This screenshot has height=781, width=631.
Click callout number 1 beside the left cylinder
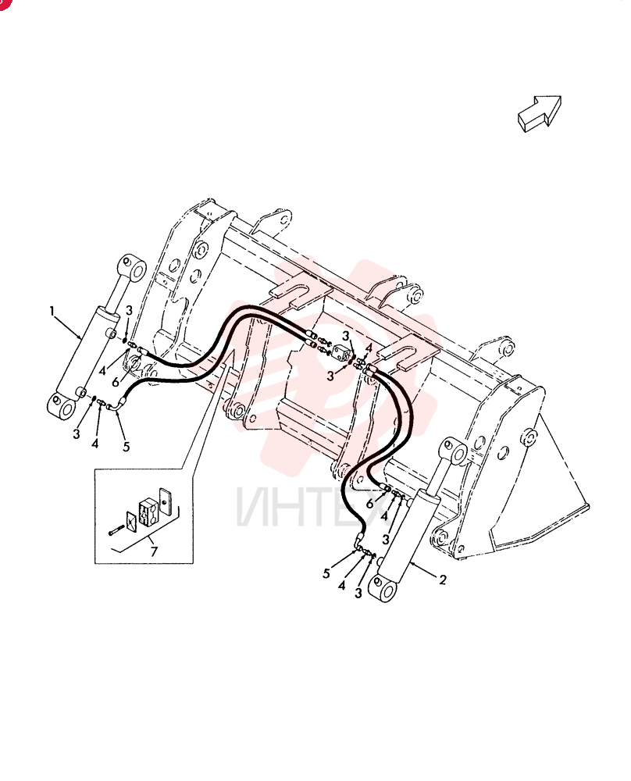click(x=52, y=312)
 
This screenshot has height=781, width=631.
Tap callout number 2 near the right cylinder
click(x=443, y=580)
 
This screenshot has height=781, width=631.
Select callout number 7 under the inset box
click(x=154, y=551)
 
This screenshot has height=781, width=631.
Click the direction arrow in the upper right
click(x=540, y=113)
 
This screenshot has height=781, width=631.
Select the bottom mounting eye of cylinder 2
click(x=382, y=588)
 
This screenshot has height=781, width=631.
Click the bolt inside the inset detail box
click(x=116, y=530)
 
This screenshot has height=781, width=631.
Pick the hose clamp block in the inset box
click(x=148, y=513)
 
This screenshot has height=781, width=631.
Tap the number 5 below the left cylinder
click(x=126, y=447)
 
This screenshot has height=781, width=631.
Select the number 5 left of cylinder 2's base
click(x=326, y=573)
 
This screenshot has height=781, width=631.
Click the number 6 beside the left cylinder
click(x=116, y=382)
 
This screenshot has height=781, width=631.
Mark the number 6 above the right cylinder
click(x=369, y=504)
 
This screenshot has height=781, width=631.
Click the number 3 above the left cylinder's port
click(x=129, y=310)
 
